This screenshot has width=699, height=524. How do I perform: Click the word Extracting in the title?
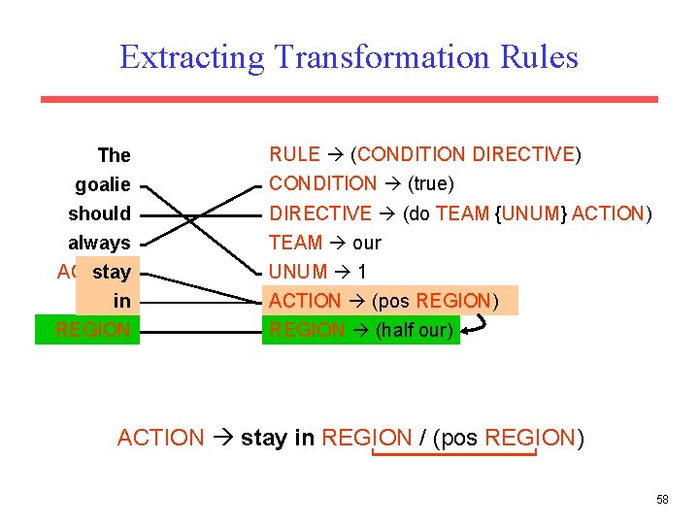[x=191, y=57]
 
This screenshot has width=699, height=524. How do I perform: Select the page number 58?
[x=662, y=500]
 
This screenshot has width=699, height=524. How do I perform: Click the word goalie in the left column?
[x=103, y=184]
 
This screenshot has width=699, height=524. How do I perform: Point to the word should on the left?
[x=99, y=213]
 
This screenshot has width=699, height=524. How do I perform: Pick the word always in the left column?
[x=99, y=243]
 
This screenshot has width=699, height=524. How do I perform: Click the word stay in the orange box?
[x=112, y=272]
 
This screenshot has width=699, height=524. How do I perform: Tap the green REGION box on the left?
[x=88, y=330]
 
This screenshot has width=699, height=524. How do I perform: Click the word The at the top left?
[x=114, y=155]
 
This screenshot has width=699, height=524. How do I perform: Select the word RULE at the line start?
[x=294, y=154]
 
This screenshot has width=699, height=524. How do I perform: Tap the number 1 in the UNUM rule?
[x=362, y=272]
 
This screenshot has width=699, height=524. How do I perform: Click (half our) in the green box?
[x=414, y=330]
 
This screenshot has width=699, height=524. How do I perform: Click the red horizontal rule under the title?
[x=349, y=99]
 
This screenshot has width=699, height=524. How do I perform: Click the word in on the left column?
[x=121, y=301]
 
